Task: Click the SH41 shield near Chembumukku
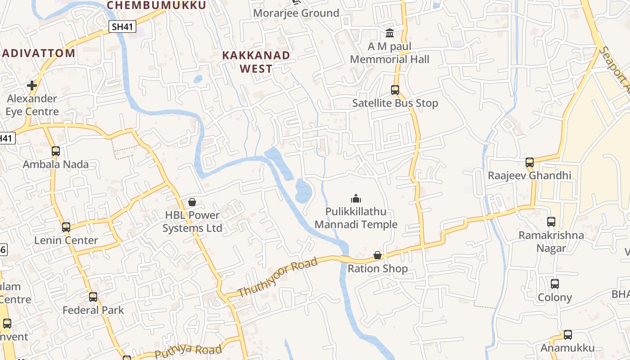pyautogui.click(x=122, y=27)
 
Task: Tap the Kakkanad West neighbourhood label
pyautogui.click(x=256, y=62)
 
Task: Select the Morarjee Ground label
pyautogui.click(x=296, y=13)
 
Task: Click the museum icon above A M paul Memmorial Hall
pyautogui.click(x=390, y=33)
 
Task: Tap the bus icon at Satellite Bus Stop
pyautogui.click(x=395, y=90)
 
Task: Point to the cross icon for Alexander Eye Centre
pyautogui.click(x=32, y=85)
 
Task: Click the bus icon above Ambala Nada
pyautogui.click(x=56, y=151)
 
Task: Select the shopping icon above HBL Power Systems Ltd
pyautogui.click(x=192, y=202)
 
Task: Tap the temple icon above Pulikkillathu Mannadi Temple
pyautogui.click(x=356, y=198)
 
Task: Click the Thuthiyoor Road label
pyautogui.click(x=278, y=277)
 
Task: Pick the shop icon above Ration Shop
pyautogui.click(x=378, y=256)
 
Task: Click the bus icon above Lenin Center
pyautogui.click(x=66, y=227)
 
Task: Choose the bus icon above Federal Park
pyautogui.click(x=93, y=297)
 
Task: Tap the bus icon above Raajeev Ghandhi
pyautogui.click(x=530, y=162)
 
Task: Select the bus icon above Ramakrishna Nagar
pyautogui.click(x=551, y=222)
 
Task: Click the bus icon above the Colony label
pyautogui.click(x=555, y=284)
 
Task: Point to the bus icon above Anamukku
pyautogui.click(x=568, y=335)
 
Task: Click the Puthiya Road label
pyautogui.click(x=189, y=351)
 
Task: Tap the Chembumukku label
pyautogui.click(x=156, y=5)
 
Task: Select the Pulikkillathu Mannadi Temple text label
pyautogui.click(x=356, y=218)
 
